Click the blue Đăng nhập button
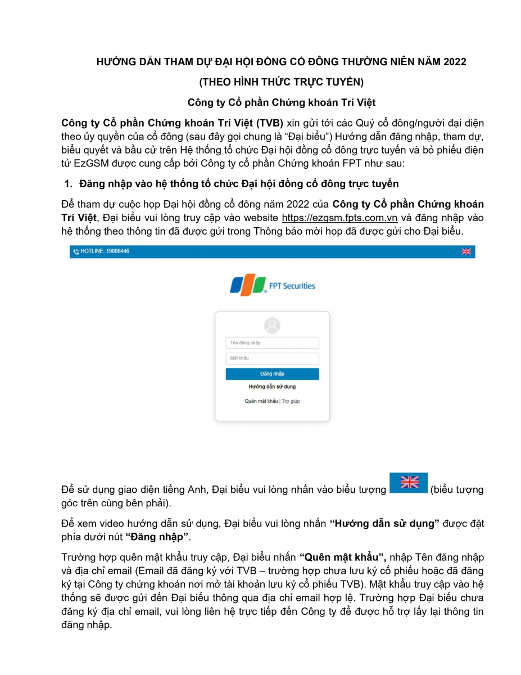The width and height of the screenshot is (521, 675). coord(272,374)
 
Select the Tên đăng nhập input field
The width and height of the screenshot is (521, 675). coord(272,343)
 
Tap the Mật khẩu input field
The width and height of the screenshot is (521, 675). coord(272,358)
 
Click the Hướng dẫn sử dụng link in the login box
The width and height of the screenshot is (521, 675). coord(272,387)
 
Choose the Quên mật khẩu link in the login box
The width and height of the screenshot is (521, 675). coord(261,401)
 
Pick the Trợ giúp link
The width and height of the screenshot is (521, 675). coord(291,401)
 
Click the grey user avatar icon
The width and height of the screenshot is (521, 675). coord(272,325)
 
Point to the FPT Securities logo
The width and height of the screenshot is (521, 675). coord(273,285)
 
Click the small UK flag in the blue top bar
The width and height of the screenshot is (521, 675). coord(466,251)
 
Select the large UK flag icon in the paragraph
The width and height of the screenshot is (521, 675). coord(409,483)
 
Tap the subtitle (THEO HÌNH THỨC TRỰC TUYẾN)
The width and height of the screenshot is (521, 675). coord(281,82)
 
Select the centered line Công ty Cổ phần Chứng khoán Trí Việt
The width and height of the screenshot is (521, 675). coord(281,103)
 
